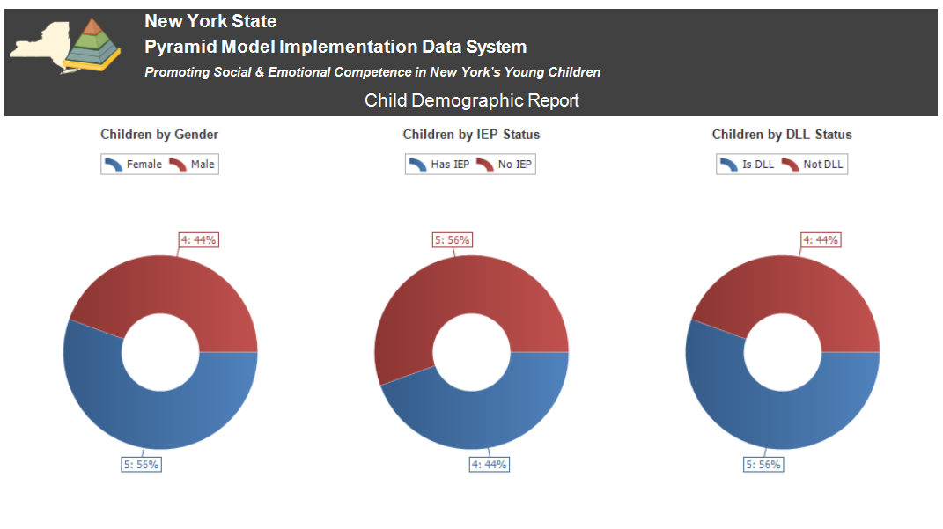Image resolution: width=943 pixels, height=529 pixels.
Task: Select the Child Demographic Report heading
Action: pos(472,100)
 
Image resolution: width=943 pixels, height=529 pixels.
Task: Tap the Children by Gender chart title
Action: pos(159,135)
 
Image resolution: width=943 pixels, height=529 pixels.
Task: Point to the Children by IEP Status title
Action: pos(471,135)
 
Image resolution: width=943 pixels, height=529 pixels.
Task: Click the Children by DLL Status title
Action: pos(782,135)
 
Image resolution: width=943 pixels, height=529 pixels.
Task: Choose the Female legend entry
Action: pos(134,165)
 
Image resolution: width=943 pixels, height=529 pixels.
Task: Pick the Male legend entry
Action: pos(193,165)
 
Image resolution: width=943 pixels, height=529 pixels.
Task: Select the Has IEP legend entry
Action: pos(439,165)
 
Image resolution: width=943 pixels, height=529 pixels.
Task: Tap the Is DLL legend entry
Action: pos(747,165)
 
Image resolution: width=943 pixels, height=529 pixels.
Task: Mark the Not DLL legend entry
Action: pos(814,165)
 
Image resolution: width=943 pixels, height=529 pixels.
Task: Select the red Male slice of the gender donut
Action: pos(176,286)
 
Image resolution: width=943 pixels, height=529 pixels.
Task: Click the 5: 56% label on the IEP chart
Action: pos(453,239)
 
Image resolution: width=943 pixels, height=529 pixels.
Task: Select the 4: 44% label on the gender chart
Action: pos(198,239)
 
